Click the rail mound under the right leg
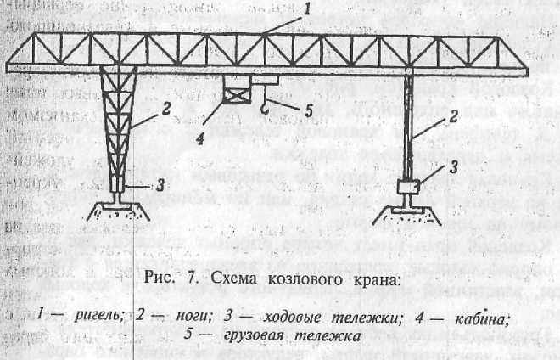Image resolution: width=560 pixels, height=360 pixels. click(409, 213)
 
